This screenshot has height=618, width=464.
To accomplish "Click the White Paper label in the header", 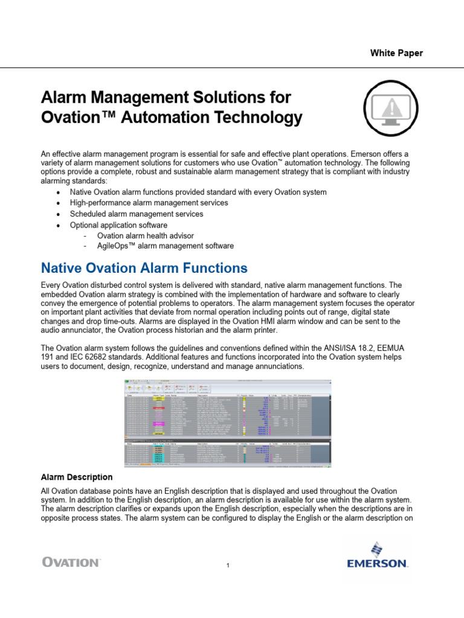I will point(396,53).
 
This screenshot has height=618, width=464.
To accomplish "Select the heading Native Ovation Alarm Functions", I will point(143,268).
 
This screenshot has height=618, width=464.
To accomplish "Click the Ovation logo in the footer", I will point(71,562).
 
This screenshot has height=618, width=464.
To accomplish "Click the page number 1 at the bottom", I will point(228,565).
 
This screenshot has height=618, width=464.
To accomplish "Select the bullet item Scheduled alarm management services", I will point(137,214).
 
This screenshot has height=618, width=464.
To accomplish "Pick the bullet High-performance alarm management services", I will point(149,203).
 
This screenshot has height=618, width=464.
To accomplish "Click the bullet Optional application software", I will point(119,225).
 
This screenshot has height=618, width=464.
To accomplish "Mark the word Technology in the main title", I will point(253,118).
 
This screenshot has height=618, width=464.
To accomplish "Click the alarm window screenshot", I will point(227,424).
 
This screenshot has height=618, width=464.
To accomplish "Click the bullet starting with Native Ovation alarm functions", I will point(198,192).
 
